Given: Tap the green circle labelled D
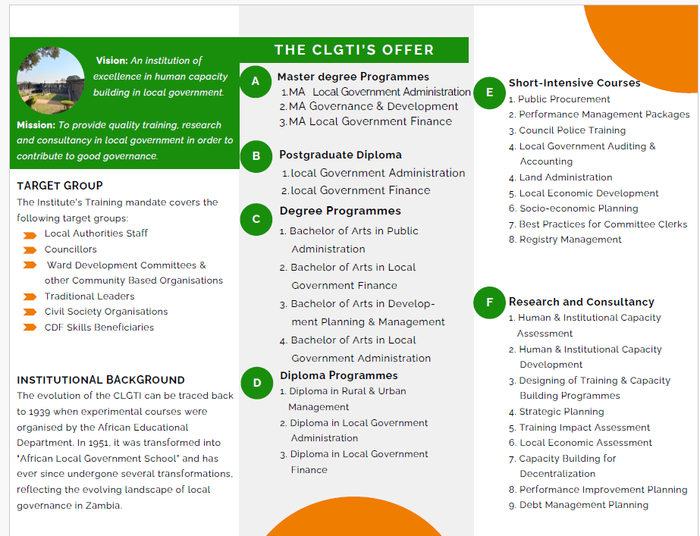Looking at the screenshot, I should (256, 383).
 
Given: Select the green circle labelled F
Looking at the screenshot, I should (489, 302).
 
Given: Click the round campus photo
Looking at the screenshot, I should (51, 81).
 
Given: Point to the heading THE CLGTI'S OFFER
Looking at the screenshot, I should (354, 50).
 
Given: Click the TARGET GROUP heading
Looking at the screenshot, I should (60, 186).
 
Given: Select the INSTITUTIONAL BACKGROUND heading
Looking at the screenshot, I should (101, 380).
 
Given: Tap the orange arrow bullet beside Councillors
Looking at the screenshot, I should (30, 249).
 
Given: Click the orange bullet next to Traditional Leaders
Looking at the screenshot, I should (30, 296).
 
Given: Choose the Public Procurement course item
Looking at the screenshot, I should (563, 99).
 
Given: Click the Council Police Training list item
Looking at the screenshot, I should (572, 130).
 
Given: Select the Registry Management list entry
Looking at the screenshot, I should (570, 240).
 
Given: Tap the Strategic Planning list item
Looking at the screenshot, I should (561, 412).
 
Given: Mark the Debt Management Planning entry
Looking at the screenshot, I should (583, 505).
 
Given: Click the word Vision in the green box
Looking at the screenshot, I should (111, 61).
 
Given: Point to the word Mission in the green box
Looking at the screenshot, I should (36, 125).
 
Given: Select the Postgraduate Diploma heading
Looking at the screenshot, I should (330, 155).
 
